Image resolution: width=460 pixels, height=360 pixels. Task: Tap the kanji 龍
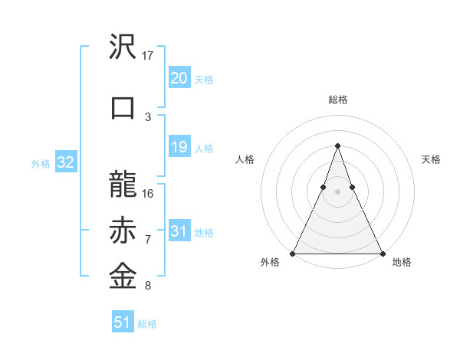point(123,185)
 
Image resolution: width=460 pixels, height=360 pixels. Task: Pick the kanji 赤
point(123,231)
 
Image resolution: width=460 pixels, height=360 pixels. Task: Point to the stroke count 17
point(148,56)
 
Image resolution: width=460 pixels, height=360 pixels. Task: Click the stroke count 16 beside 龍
point(148,193)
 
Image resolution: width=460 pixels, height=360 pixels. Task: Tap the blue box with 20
point(179,78)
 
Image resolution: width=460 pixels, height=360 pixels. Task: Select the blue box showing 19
point(179,147)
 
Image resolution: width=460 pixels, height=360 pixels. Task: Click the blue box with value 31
point(179,231)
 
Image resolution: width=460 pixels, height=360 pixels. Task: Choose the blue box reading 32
point(65,162)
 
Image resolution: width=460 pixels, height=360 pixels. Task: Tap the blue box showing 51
point(123,322)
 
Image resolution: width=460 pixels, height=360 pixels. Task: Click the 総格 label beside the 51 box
point(147,324)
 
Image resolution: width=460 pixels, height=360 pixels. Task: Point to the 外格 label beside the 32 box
point(41,163)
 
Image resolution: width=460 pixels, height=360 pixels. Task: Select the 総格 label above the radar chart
point(337,100)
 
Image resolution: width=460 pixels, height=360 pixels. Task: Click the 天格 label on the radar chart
point(431,159)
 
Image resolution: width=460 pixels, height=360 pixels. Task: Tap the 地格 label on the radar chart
point(402,262)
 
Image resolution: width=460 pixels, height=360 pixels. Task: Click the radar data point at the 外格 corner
point(293,253)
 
